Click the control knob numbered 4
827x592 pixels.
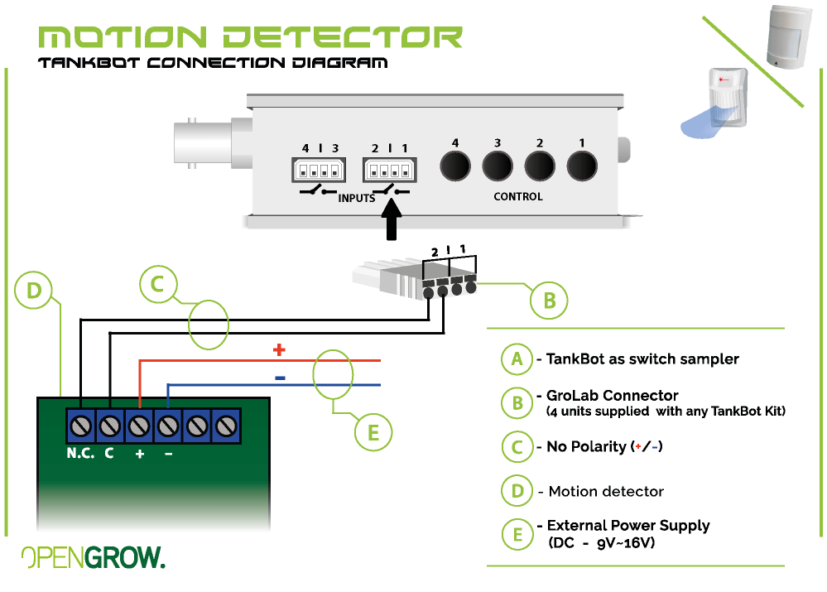(455, 166)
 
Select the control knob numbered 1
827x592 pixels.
(583, 166)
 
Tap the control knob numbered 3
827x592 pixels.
(498, 166)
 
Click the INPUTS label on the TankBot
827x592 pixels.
(357, 199)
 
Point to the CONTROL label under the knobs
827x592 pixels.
(518, 197)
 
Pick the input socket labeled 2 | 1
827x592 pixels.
(387, 171)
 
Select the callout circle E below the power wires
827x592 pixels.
(373, 432)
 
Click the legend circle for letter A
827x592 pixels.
(517, 359)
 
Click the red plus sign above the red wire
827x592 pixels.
(279, 350)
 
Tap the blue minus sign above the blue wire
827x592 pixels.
(280, 378)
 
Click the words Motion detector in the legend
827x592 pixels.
(606, 492)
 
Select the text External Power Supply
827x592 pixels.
(628, 526)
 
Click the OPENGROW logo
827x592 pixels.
(93, 558)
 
